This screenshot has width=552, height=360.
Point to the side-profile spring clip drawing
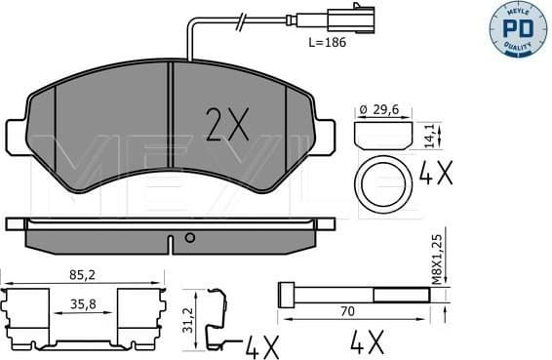click(216, 317)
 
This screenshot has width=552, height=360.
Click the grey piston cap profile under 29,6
click(380, 133)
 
